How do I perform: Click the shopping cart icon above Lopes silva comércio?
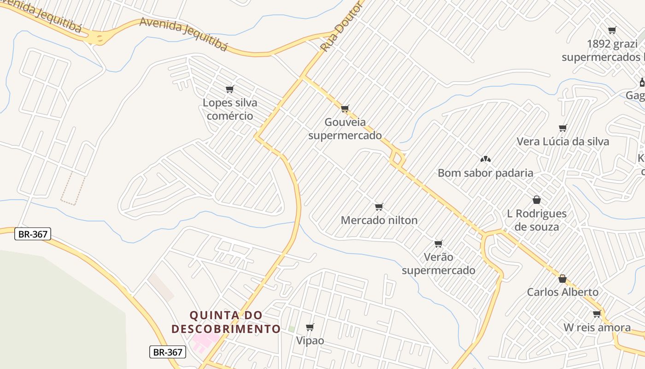230,89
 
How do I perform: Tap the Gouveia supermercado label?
345,129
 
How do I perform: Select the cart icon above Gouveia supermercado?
345,109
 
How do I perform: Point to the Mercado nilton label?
379,220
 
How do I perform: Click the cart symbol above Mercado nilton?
379,207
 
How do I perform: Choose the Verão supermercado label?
438,263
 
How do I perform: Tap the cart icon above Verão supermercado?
439,244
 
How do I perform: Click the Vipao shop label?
310,341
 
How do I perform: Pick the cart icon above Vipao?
310,327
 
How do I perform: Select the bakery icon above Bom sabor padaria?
485,159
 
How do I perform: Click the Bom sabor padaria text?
485,173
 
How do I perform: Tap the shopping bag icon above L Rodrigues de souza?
536,200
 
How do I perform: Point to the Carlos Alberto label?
563,292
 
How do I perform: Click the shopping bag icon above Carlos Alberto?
562,279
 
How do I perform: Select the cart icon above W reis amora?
597,314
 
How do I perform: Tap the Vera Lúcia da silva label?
563,142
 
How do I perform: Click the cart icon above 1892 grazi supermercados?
612,30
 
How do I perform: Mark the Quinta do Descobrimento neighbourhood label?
226,322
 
